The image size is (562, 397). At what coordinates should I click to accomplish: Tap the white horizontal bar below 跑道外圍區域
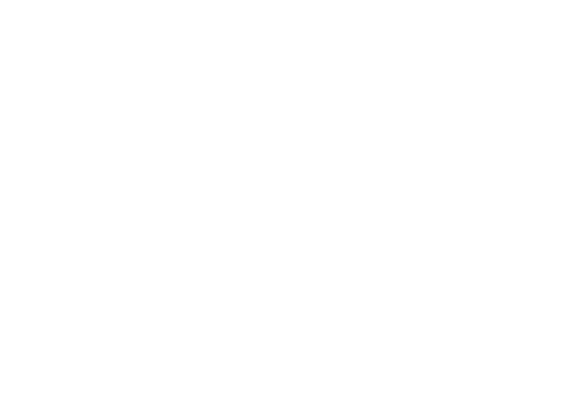284,91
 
